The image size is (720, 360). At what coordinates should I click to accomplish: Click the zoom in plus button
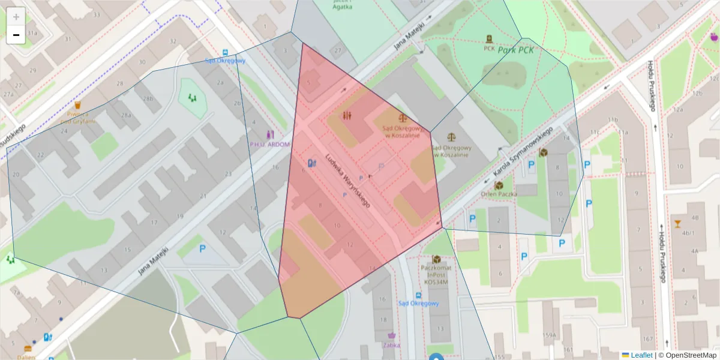(16, 16)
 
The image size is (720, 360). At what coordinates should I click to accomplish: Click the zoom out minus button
(16, 35)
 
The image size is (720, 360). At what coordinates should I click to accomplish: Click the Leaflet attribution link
(641, 355)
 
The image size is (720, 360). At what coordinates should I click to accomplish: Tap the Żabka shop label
(391, 345)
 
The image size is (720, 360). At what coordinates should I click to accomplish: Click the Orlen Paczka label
(499, 194)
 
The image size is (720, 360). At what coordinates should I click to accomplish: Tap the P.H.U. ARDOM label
(270, 144)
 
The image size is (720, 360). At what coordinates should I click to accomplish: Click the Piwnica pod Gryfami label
(78, 117)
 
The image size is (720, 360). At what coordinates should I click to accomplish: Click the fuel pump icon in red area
(311, 163)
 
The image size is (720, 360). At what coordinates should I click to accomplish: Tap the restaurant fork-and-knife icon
(347, 115)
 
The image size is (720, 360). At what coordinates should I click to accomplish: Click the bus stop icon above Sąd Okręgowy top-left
(225, 52)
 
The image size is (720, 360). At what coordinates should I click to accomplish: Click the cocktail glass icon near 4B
(678, 224)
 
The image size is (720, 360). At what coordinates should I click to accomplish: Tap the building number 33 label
(97, 14)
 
